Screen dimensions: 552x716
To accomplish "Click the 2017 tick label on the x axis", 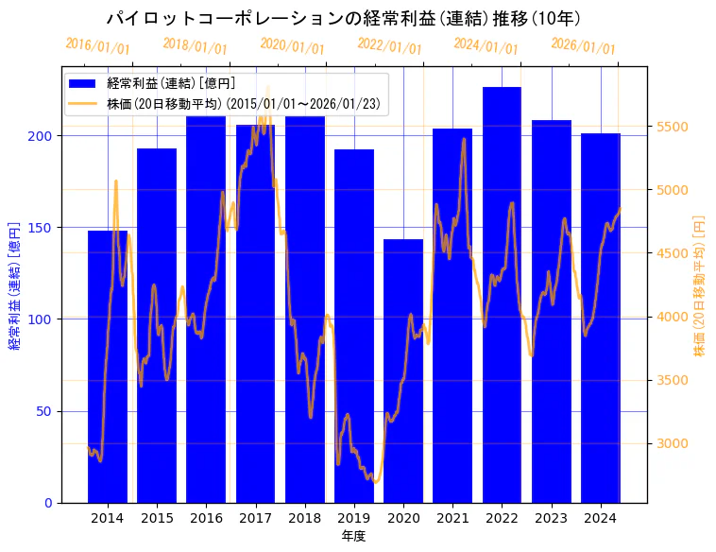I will click(255, 518).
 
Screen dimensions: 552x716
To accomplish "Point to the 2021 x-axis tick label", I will click(452, 518).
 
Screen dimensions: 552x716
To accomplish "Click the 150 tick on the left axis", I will click(43, 228).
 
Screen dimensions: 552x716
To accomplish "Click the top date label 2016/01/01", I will click(98, 46).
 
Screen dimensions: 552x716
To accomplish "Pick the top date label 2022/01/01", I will click(389, 46).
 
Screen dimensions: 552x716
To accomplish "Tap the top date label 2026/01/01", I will click(583, 46).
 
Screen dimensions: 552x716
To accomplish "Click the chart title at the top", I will click(343, 18).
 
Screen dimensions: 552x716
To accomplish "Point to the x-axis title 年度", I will click(353, 536).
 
